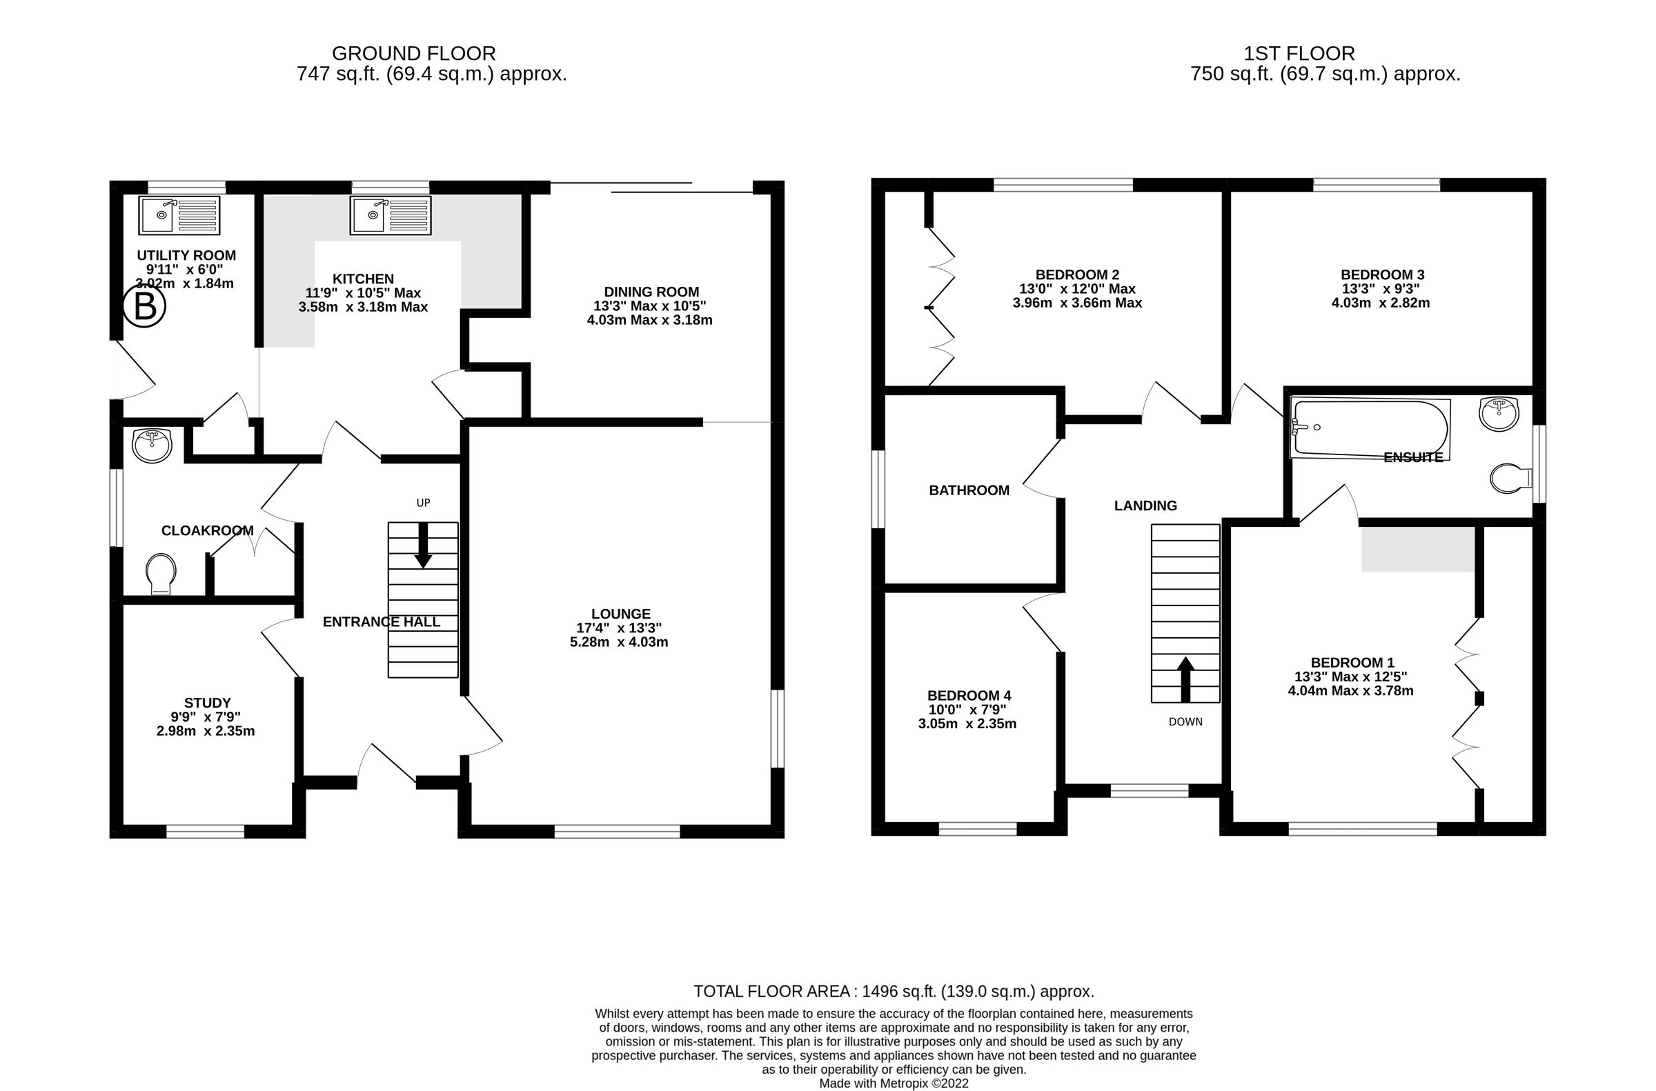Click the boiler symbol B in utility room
point(144,307)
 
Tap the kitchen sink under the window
point(390,215)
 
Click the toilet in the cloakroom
point(161,574)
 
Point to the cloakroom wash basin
point(152,446)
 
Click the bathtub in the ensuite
point(1369,429)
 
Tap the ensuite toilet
point(1510,479)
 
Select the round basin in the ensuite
point(1499,414)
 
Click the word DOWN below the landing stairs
point(1185,721)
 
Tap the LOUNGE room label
point(620,614)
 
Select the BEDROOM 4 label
point(968,695)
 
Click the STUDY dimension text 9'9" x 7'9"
point(206,717)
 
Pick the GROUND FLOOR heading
point(413,54)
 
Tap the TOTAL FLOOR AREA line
point(894,991)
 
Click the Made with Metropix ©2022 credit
point(894,1083)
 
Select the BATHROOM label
point(968,490)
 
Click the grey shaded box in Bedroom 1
point(1417,550)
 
